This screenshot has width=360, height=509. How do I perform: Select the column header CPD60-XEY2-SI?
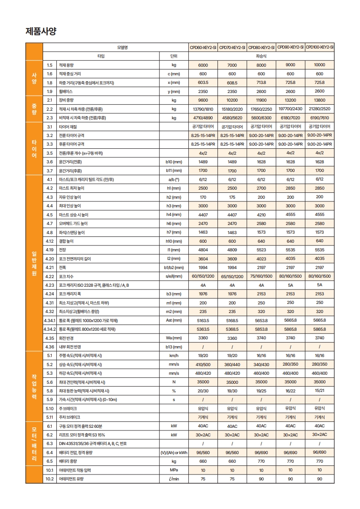click(x=203, y=47)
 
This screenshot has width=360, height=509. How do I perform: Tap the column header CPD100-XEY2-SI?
click(x=320, y=47)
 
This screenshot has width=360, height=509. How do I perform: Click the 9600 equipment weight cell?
click(x=203, y=100)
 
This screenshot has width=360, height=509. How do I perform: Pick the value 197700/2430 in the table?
click(x=291, y=109)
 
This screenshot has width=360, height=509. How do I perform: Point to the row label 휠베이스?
click(x=65, y=91)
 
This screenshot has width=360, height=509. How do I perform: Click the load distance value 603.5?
click(x=203, y=83)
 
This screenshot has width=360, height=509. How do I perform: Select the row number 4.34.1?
click(x=49, y=320)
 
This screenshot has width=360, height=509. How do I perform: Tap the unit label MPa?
click(x=173, y=470)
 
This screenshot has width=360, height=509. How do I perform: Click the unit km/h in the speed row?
click(x=173, y=356)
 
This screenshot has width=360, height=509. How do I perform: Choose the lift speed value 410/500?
click(x=203, y=364)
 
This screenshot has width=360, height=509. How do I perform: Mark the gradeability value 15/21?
click(x=320, y=391)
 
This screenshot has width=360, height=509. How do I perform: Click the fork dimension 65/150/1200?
click(x=232, y=276)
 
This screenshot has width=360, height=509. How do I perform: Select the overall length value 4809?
click(x=232, y=250)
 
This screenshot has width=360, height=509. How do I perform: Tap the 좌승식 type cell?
click(x=261, y=56)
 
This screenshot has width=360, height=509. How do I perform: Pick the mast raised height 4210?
click(x=261, y=215)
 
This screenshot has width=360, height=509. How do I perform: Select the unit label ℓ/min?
click(x=173, y=479)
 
